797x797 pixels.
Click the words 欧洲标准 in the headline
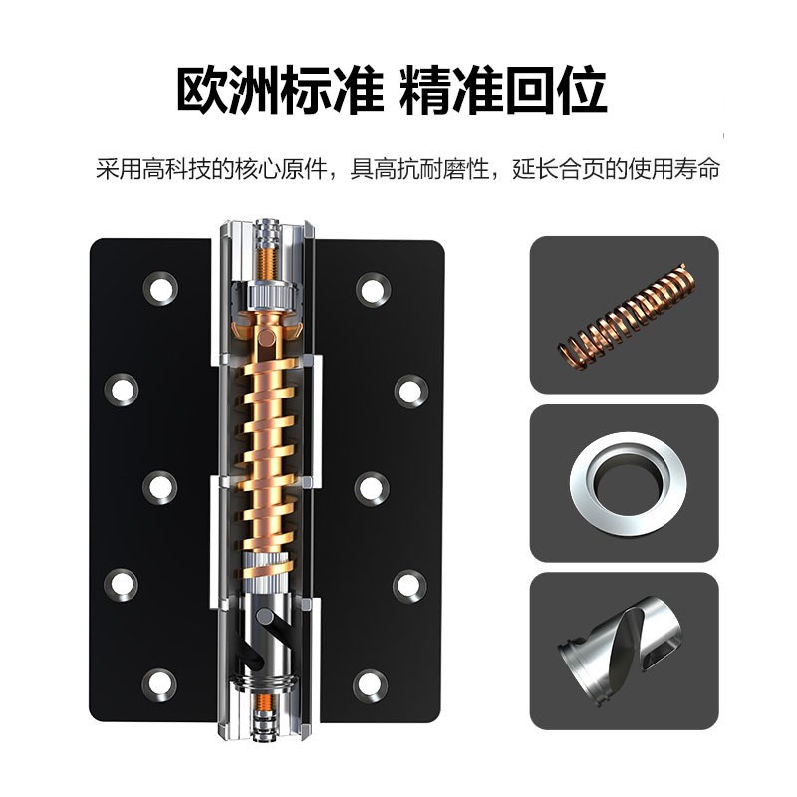279,91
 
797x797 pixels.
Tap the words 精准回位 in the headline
503,91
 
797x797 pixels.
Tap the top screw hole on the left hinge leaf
159,289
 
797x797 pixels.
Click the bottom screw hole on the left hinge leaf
159,683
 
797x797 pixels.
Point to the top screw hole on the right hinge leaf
373,289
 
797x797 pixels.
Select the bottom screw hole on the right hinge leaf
371,683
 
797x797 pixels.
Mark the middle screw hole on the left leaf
159,486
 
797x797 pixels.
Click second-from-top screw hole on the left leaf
122,388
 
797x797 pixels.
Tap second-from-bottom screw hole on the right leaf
409,585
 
